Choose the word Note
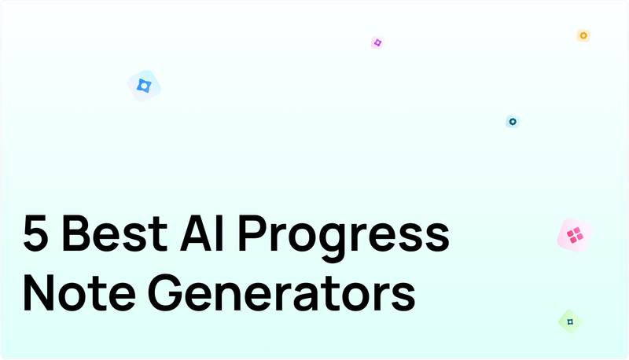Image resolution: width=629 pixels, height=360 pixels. tap(76, 294)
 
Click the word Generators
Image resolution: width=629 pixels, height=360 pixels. tap(281, 294)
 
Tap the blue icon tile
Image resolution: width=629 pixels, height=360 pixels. tap(145, 85)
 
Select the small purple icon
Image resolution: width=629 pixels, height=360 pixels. tap(377, 42)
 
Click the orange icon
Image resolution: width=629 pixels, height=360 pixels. tap(583, 35)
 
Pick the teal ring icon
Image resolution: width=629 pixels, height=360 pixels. tap(513, 122)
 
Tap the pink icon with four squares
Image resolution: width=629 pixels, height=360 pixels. tap(574, 234)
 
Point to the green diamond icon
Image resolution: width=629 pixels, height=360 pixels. tap(570, 321)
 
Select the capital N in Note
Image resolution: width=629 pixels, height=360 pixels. tap(39, 294)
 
